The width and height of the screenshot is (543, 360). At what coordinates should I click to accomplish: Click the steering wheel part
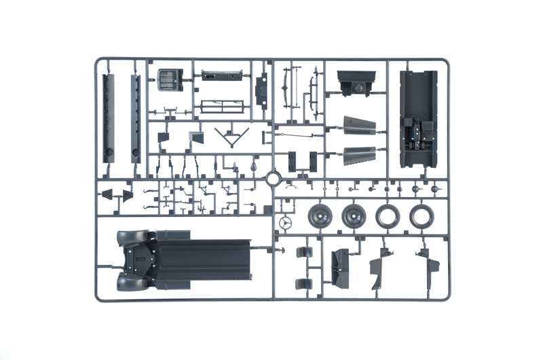tap(285, 222)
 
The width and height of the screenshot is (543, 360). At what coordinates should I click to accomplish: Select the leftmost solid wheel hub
tap(320, 216)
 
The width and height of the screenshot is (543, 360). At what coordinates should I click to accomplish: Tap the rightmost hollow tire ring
tap(422, 216)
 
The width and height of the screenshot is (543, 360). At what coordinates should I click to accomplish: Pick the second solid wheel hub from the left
tap(354, 216)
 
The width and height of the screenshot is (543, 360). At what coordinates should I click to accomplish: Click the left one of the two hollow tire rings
tap(388, 216)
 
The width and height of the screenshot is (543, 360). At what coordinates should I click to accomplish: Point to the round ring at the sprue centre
tap(273, 179)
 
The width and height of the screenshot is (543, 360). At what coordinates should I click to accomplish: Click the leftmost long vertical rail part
tap(109, 118)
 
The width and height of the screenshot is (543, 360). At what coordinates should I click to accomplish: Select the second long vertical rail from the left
tap(136, 118)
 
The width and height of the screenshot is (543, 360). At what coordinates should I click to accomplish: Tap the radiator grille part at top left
tap(170, 79)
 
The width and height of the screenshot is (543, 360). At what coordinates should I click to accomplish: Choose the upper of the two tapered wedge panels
tap(360, 126)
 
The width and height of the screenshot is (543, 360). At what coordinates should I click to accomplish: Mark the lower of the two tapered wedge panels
tap(360, 156)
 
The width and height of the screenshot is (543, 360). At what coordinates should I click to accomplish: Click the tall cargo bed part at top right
tap(418, 119)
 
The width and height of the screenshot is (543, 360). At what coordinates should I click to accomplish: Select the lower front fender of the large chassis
tap(132, 281)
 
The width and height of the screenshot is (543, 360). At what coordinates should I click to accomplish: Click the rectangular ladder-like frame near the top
tap(222, 107)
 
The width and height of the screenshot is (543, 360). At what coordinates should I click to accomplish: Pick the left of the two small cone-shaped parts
tap(107, 195)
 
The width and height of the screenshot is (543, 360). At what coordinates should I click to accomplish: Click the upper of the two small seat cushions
tap(305, 252)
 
